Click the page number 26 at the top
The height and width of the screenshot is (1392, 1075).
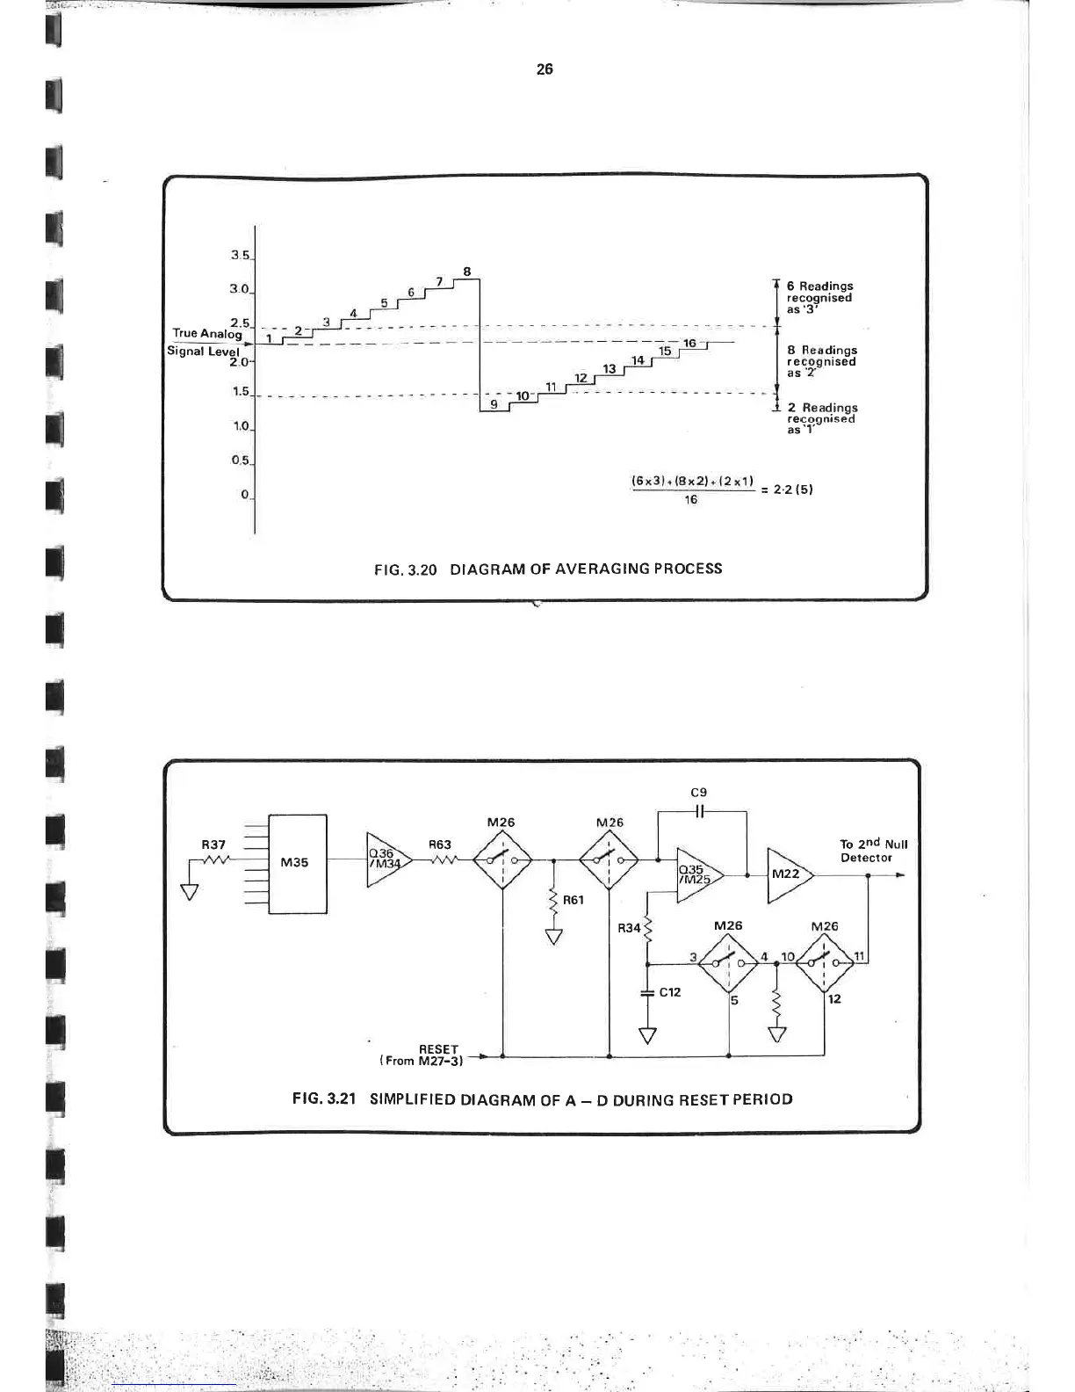tap(545, 69)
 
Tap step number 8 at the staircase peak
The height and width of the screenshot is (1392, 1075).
tap(467, 272)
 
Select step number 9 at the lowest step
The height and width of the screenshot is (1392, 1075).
tap(494, 404)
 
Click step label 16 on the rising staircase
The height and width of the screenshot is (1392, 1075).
tap(689, 344)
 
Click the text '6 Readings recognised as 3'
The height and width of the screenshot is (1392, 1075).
tap(819, 297)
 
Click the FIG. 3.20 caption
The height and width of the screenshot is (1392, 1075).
tap(548, 569)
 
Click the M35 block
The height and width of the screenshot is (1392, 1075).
tap(295, 862)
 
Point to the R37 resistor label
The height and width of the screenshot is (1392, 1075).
tap(214, 845)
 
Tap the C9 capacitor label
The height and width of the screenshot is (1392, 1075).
tap(699, 792)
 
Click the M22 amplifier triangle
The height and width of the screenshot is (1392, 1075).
tap(787, 874)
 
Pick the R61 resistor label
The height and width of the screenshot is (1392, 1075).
tap(573, 900)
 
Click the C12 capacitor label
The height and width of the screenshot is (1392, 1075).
tap(670, 991)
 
